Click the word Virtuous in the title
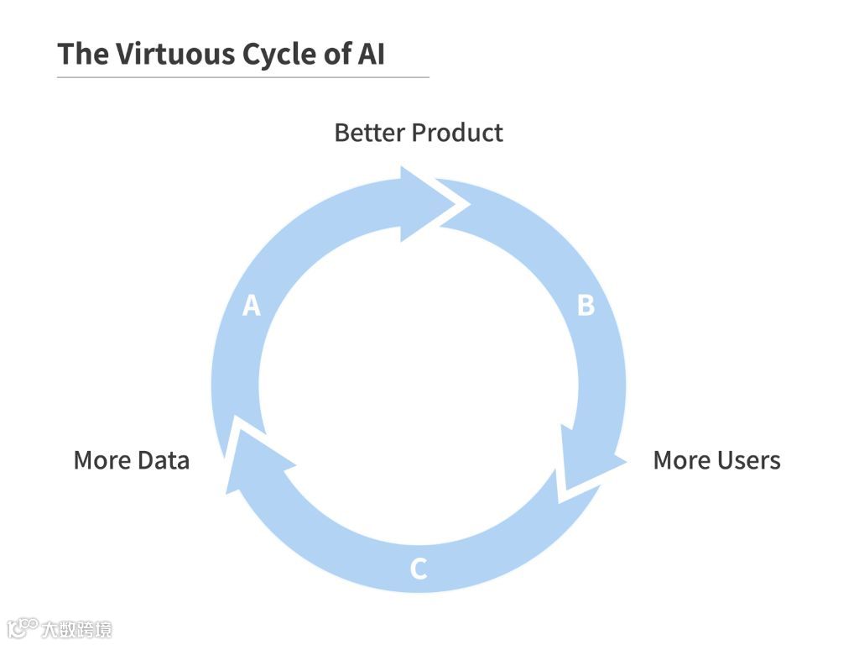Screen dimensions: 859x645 pos(174,54)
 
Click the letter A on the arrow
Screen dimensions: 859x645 pos(251,306)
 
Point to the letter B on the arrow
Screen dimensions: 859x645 pos(586,306)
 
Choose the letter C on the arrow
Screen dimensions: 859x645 pos(418,569)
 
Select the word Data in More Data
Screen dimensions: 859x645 pos(164,460)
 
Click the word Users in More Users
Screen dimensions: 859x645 pos(748,460)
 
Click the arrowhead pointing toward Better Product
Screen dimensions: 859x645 pos(428,203)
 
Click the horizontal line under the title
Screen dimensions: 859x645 pos(242,77)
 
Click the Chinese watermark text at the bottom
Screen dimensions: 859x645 pos(76,628)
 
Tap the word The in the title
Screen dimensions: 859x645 pos(81,54)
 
